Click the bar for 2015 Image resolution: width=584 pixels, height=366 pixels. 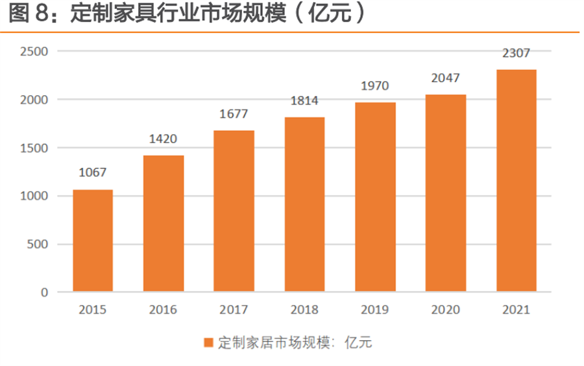tap(92, 240)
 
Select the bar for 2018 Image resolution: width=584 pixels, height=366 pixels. tap(304, 204)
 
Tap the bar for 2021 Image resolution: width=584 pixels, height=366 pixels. tap(517, 181)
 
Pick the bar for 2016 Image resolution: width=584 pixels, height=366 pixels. tap(163, 223)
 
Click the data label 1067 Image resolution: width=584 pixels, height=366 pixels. tap(92, 172)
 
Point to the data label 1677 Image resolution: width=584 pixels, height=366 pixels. tap(234, 114)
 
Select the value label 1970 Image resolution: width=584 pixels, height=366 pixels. tap(375, 86)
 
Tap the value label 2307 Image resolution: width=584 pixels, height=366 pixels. tap(517, 54)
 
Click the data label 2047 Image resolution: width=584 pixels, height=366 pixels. tap(446, 78)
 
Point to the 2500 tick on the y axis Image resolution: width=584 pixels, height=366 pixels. tap(34, 51)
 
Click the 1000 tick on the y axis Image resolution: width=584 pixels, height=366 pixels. tap(34, 196)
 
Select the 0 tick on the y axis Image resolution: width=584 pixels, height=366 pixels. tap(44, 293)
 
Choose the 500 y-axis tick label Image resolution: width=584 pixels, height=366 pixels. tap(38, 244)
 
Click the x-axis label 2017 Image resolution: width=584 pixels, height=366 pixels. tap(234, 310)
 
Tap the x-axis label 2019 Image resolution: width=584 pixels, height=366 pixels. tap(375, 310)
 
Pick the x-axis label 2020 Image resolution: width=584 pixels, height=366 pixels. tap(446, 310)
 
